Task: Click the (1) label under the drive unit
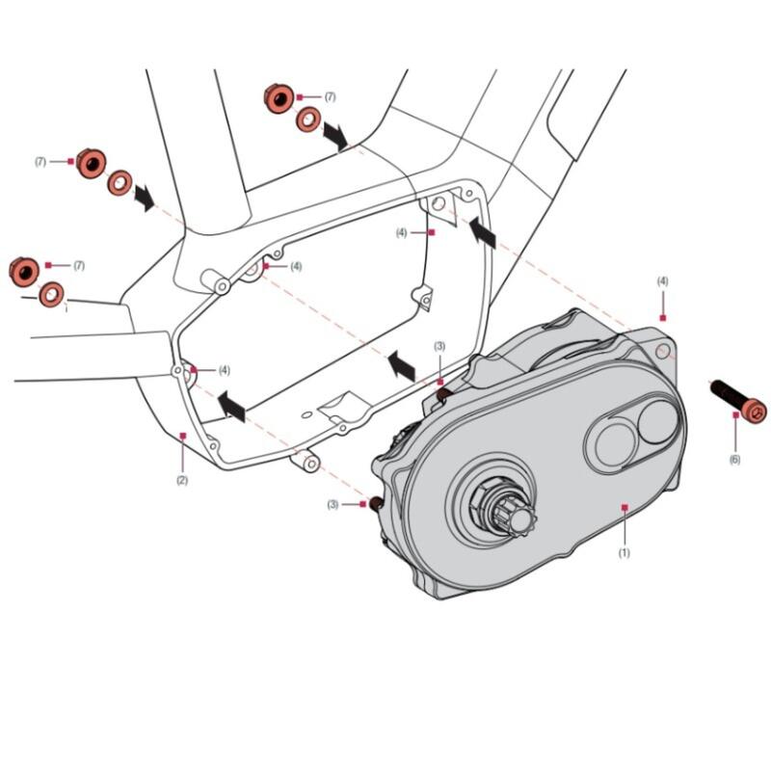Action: (x=624, y=553)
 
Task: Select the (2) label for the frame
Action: (x=182, y=480)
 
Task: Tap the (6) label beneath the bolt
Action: (x=734, y=460)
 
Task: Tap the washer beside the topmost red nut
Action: (x=308, y=120)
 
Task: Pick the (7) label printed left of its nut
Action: (x=40, y=162)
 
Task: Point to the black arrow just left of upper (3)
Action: (x=400, y=364)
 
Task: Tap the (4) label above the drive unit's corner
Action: (x=663, y=281)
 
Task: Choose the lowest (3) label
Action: (x=332, y=504)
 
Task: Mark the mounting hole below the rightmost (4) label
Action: (x=663, y=350)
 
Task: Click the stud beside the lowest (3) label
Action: (x=373, y=503)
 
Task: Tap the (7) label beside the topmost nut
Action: (x=330, y=97)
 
